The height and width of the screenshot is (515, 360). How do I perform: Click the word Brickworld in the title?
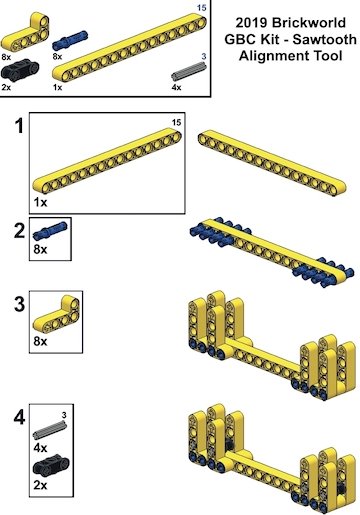309,23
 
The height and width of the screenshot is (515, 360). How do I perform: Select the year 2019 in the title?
252,23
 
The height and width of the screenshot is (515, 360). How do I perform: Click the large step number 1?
20,126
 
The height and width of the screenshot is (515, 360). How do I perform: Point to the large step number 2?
19,231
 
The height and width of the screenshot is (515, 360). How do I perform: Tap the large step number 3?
19,304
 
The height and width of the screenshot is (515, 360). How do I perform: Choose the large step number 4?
19,417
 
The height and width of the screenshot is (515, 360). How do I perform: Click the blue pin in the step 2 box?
50,231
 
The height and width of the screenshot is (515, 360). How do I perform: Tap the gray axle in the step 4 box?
50,430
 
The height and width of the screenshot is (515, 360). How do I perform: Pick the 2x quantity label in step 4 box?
40,485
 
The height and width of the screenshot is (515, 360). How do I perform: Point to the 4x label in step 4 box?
40,448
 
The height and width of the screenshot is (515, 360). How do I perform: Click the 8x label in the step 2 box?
40,249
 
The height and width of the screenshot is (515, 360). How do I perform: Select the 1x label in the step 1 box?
40,202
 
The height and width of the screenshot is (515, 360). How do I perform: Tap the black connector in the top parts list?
20,70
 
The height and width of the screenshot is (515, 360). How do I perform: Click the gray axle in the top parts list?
189,71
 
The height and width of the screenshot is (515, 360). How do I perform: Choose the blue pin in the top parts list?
70,40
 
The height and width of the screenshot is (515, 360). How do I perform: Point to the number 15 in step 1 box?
176,123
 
